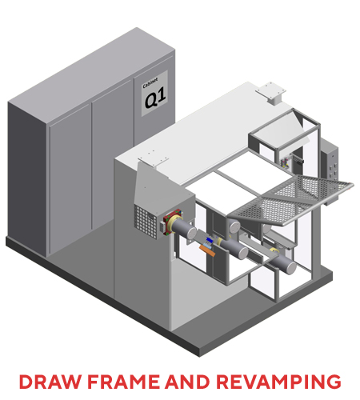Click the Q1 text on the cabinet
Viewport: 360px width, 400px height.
coord(155,98)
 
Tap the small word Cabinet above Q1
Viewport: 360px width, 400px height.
coord(150,82)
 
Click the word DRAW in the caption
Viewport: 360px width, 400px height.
coord(50,382)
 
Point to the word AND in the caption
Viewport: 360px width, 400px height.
coord(187,382)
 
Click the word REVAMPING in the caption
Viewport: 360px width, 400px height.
coord(278,382)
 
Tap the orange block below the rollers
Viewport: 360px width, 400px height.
coord(207,250)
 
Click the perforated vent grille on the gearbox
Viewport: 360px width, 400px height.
coord(146,222)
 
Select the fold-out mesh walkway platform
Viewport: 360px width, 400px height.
coord(291,199)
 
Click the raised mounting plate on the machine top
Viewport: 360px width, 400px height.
coord(271,93)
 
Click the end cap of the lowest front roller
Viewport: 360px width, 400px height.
coord(292,268)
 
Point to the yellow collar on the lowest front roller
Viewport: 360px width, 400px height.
coord(274,252)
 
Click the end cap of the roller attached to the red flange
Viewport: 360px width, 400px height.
coord(192,233)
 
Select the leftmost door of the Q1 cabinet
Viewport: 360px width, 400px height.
coord(70,178)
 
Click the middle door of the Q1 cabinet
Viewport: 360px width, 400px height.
coord(113,154)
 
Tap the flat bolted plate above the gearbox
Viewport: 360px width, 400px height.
coord(153,158)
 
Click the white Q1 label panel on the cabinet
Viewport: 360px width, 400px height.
coord(154,94)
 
